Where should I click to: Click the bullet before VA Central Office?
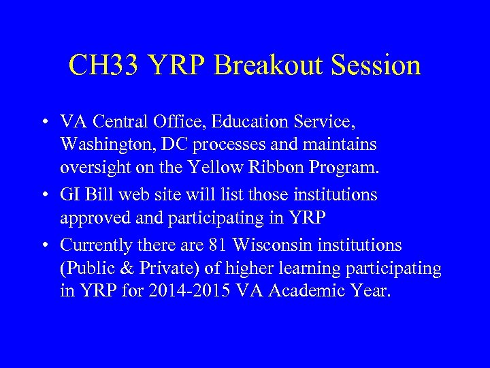44,123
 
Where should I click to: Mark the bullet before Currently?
44,245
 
